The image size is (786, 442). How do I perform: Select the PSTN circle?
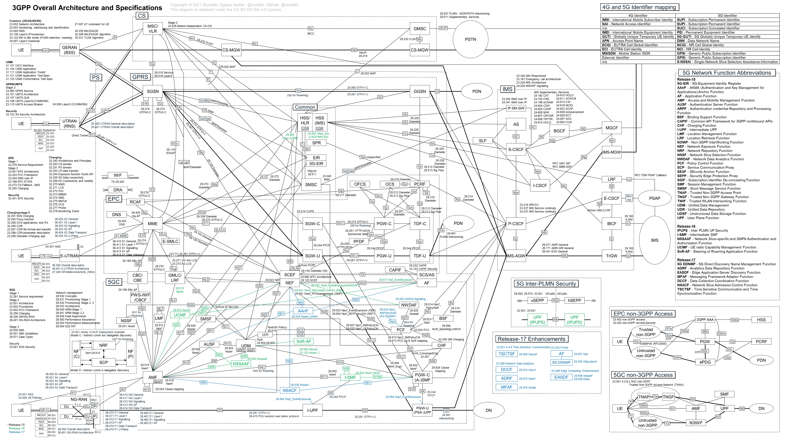tap(470, 39)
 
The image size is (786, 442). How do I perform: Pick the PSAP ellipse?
tap(654, 198)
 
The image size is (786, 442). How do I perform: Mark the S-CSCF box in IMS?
tap(516, 149)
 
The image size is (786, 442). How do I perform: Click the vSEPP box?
tap(537, 300)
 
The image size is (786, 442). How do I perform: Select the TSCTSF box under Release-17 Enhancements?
tap(506, 354)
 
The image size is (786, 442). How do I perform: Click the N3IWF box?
tap(696, 423)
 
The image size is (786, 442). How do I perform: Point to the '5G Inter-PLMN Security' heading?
tap(546, 284)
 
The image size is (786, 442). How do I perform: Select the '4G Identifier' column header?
tap(638, 16)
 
